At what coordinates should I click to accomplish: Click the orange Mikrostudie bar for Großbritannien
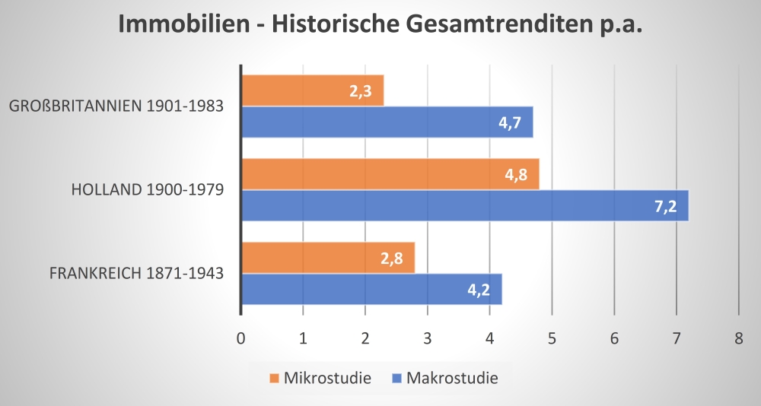pyautogui.click(x=312, y=90)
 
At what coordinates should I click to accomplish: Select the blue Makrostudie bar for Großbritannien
pyautogui.click(x=387, y=122)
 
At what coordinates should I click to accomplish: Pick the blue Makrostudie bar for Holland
pyautogui.click(x=464, y=205)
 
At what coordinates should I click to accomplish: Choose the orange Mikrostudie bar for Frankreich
pyautogui.click(x=328, y=258)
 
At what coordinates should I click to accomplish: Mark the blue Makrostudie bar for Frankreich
pyautogui.click(x=371, y=289)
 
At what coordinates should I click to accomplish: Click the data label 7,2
pyautogui.click(x=666, y=206)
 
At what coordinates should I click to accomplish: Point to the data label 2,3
pyautogui.click(x=361, y=91)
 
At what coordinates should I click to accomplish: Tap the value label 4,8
pyautogui.click(x=516, y=175)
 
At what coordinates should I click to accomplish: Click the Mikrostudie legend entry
pyautogui.click(x=320, y=378)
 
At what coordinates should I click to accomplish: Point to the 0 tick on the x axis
pyautogui.click(x=241, y=339)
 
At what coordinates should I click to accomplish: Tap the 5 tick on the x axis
pyautogui.click(x=552, y=339)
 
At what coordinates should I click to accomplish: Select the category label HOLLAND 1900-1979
pyautogui.click(x=147, y=189)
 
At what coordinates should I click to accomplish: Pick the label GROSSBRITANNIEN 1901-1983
pyautogui.click(x=116, y=106)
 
